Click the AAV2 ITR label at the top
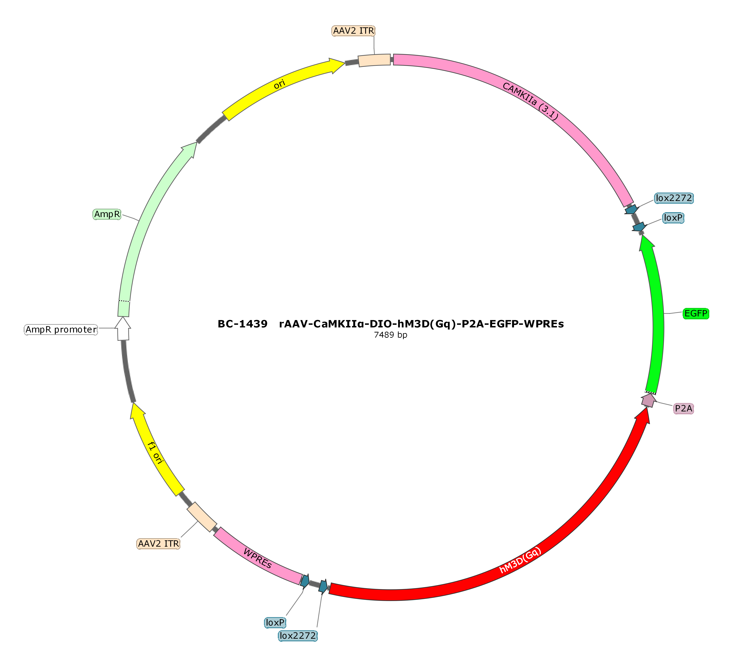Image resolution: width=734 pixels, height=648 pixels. tap(353, 31)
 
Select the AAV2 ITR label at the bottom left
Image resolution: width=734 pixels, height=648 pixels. tap(158, 543)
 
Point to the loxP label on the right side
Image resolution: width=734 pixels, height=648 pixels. tap(673, 218)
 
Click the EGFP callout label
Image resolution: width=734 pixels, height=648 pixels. tap(696, 314)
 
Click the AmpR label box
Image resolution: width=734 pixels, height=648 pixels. tap(107, 214)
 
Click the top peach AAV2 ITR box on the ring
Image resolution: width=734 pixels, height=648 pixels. tap(374, 60)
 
